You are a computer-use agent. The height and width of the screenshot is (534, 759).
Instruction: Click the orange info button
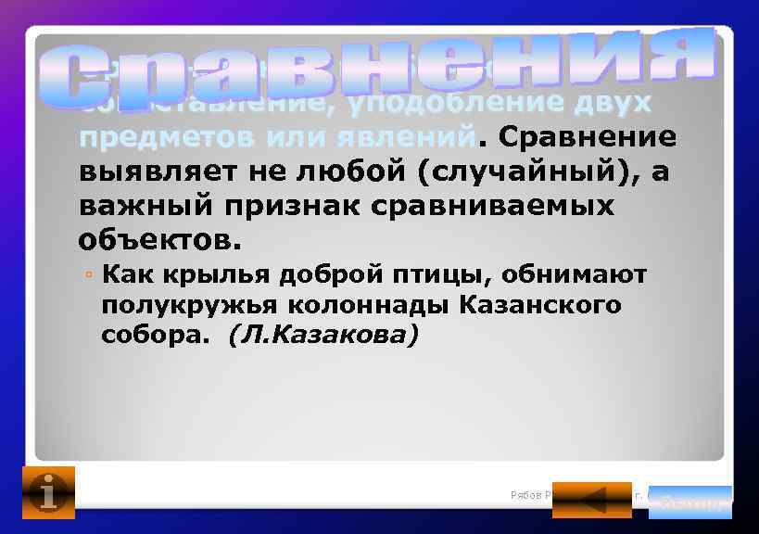47,492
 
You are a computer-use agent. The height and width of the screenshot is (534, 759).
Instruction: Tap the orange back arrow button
591,500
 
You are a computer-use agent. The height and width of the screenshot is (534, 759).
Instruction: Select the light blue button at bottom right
690,501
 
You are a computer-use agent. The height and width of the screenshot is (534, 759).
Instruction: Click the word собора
157,335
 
